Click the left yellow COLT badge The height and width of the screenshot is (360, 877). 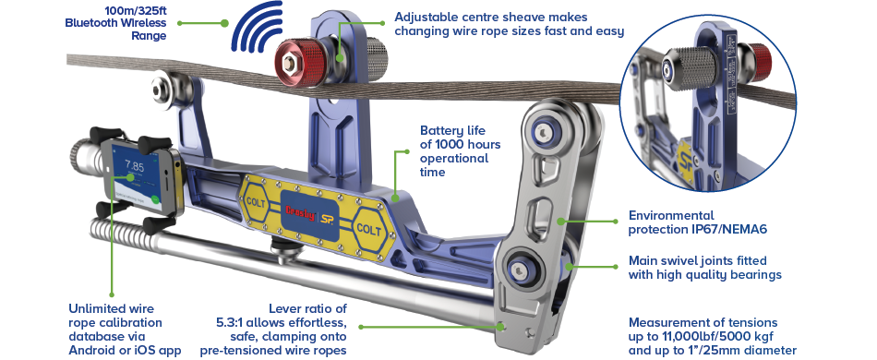[257, 198]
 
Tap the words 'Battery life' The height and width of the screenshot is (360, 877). [451, 131]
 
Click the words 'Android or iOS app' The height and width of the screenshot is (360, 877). [126, 350]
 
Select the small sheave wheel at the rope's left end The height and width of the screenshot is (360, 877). [169, 86]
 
